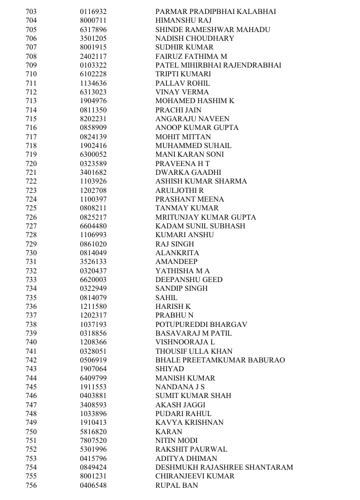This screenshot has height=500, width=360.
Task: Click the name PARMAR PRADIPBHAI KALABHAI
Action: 216,12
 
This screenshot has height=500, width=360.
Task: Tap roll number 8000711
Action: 93,20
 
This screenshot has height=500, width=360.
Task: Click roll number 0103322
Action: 93,65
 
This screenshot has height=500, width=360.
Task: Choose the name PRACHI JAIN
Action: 178,110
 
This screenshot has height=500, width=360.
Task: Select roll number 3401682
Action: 93,172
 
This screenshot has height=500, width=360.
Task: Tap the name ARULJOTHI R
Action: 179,191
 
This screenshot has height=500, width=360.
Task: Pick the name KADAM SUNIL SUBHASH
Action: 200,226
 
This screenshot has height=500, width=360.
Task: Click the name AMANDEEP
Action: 177,262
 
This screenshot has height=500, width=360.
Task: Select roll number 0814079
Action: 93,298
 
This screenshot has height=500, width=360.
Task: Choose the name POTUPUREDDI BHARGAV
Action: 201,325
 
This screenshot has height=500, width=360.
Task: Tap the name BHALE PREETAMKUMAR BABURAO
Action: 220,360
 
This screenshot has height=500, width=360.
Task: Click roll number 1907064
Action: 93,369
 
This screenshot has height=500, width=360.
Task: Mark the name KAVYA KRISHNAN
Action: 189,422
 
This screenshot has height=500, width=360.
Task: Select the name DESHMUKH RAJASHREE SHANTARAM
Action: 224,467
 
